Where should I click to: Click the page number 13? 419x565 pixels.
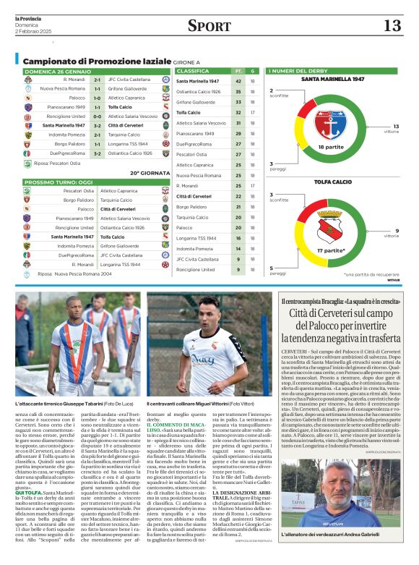click(x=392, y=26)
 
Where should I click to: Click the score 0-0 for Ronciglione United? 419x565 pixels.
click(x=97, y=116)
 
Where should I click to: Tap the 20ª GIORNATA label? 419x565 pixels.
click(x=144, y=173)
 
